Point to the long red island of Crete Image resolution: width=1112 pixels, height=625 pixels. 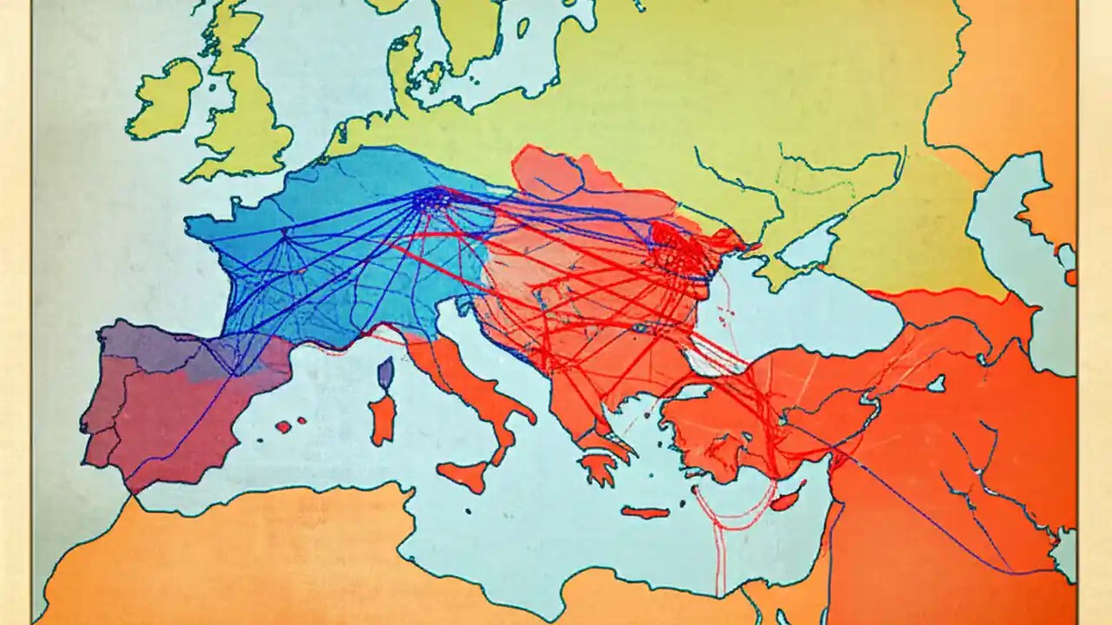click(645, 512)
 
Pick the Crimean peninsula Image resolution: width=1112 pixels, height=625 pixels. click(764, 265)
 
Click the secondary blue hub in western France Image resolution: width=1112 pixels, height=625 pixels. click(288, 234)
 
